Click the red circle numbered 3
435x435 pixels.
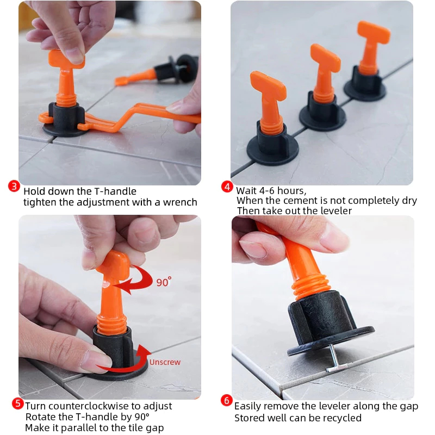pyautogui.click(x=14, y=186)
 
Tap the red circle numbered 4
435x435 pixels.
pyautogui.click(x=227, y=187)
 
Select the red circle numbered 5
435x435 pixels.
pyautogui.click(x=17, y=403)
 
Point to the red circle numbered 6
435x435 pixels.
pyautogui.click(x=226, y=400)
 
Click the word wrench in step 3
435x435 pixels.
pyautogui.click(x=180, y=202)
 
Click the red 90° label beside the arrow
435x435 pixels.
pyautogui.click(x=164, y=282)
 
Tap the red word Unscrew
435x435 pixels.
pyautogui.click(x=165, y=362)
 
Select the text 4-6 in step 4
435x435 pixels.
pyautogui.click(x=267, y=191)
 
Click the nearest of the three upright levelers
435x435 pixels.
pyautogui.click(x=271, y=119)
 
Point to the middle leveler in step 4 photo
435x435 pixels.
pyautogui.click(x=322, y=88)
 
